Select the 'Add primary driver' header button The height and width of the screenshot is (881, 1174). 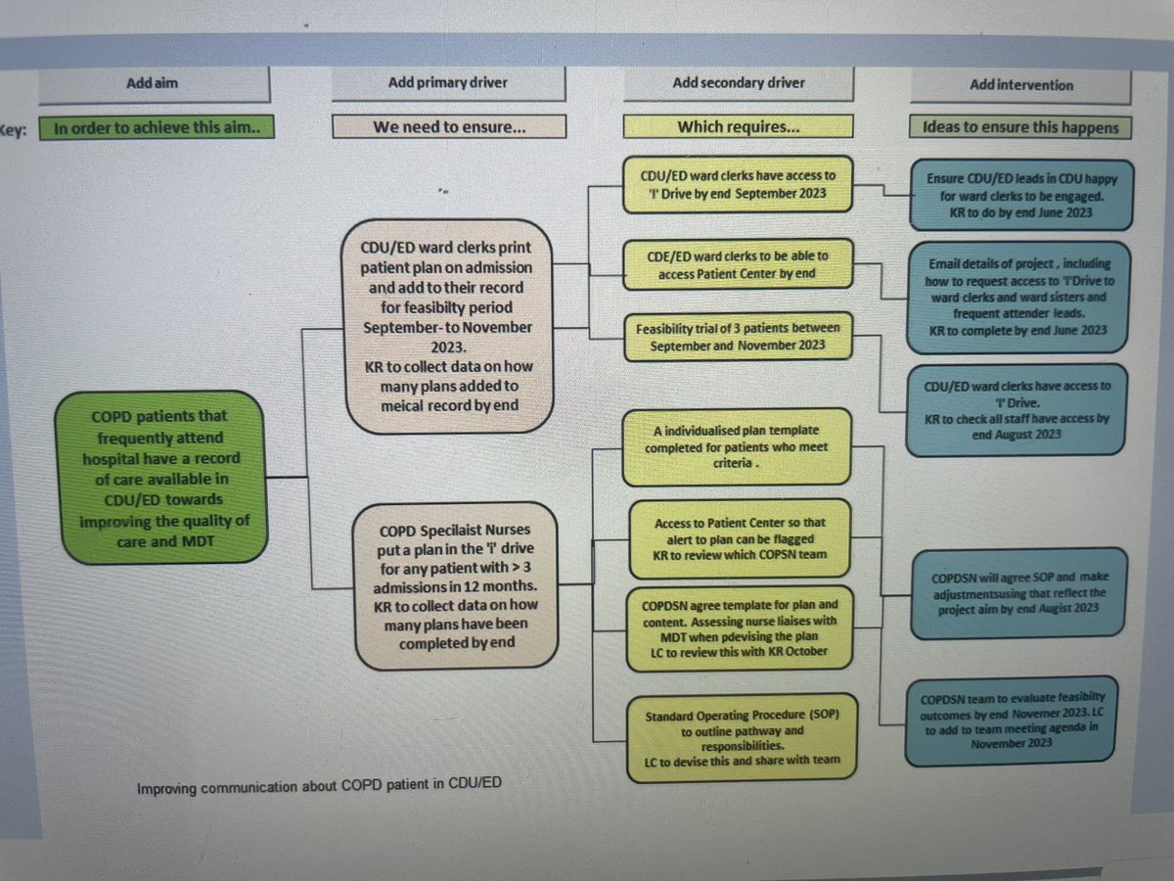pos(448,84)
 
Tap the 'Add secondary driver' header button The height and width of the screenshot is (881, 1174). pos(739,84)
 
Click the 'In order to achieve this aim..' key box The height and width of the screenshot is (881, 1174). pos(155,127)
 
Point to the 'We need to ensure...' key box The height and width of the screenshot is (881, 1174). pos(448,127)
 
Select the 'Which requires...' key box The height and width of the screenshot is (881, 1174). pos(739,127)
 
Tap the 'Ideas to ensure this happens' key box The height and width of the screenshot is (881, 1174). pos(1021,128)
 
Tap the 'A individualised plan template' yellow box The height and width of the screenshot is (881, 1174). pos(737,446)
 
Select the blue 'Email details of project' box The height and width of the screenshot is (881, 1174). pos(1018,298)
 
